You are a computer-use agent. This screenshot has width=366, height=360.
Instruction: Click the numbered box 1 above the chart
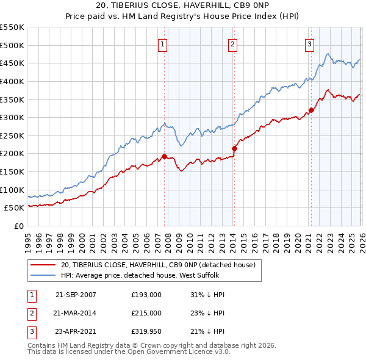point(163,43)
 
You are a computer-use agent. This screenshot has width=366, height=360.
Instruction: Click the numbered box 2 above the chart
point(234,43)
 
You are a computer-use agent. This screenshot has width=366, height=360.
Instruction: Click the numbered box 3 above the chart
point(310,43)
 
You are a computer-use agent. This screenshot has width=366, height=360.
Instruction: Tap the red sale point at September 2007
point(164,156)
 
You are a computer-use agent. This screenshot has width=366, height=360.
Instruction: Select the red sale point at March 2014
point(234,148)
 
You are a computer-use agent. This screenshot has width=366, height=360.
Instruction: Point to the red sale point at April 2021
point(310,110)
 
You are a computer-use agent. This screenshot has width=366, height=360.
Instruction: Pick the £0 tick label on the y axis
point(19,226)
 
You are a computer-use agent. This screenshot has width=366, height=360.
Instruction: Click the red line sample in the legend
point(43,264)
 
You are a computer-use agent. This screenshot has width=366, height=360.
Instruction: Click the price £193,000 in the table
point(146,295)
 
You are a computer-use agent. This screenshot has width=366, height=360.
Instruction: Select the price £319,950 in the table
point(146,331)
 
